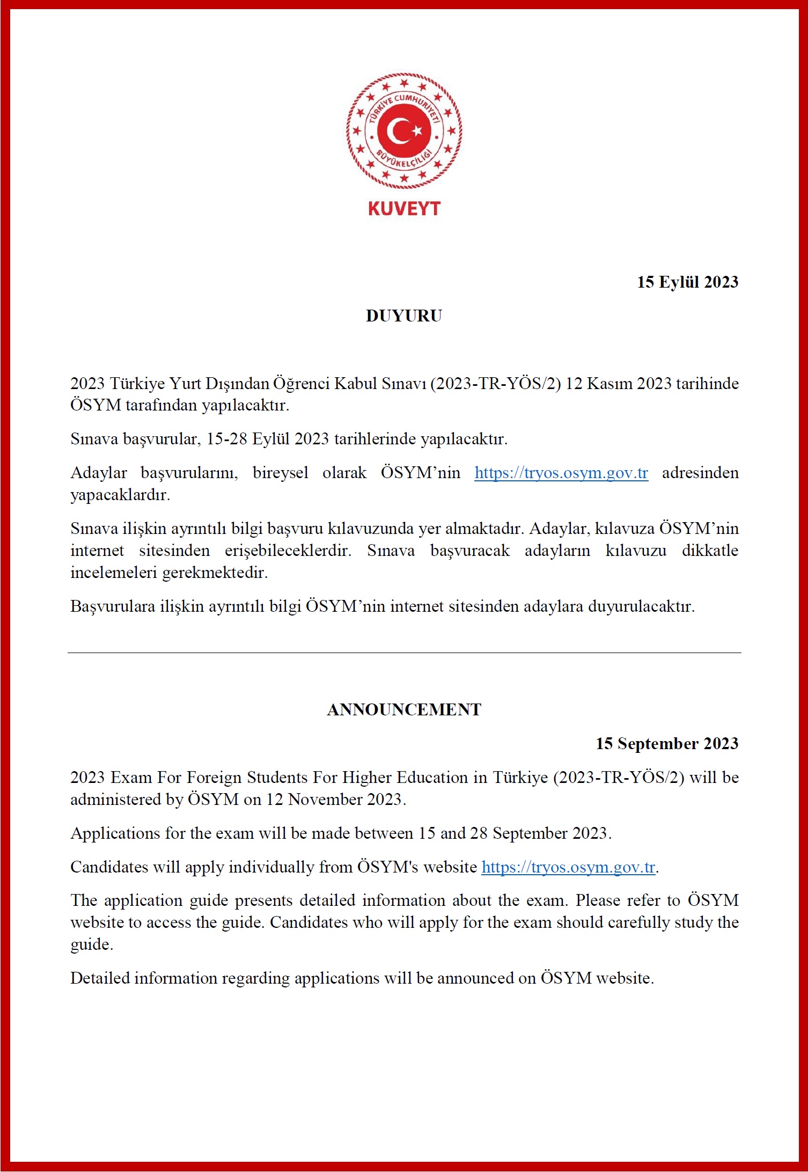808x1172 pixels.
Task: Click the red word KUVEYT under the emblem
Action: point(404,208)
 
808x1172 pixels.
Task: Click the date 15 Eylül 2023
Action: point(687,282)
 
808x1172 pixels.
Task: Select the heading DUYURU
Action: point(404,316)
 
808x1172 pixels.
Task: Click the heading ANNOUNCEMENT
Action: point(404,709)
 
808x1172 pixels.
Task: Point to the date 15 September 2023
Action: point(667,743)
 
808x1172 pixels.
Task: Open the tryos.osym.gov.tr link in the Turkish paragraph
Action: point(561,473)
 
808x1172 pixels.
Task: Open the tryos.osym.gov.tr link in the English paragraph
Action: point(568,867)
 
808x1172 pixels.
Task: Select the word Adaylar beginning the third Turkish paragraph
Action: point(99,473)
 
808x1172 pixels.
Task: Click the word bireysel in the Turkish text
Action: point(281,473)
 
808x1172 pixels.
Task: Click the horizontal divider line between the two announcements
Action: point(404,653)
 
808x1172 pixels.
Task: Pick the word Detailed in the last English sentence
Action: point(100,978)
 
